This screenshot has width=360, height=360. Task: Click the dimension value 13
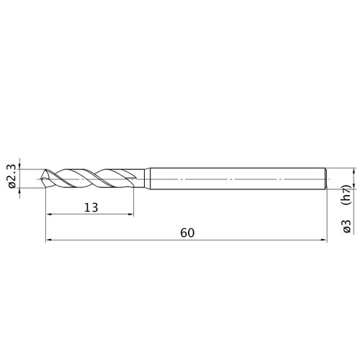coord(91,207)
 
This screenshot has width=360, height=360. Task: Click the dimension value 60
coord(187,233)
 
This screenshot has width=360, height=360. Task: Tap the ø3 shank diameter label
coord(347,226)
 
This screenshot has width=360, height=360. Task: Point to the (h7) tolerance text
coord(347,195)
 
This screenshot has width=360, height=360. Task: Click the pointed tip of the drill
coord(42,179)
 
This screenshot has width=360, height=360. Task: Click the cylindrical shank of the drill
coord(238,179)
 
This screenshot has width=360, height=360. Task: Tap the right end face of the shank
coord(325,179)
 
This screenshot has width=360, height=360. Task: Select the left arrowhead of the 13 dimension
coord(48,215)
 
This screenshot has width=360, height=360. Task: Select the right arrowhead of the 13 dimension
coord(131,215)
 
